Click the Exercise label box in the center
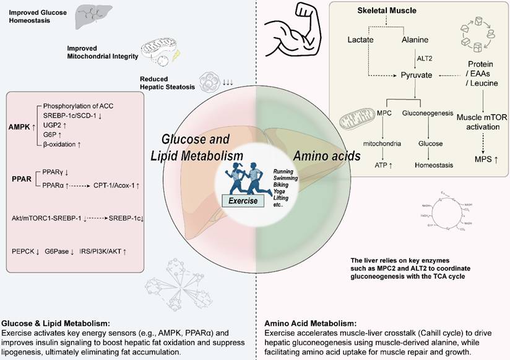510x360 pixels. tap(242, 202)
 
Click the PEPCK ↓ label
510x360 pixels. tap(26, 251)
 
